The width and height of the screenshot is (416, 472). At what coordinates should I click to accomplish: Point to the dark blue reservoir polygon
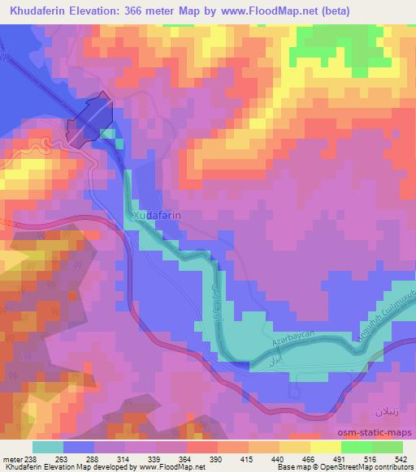[x=89, y=122]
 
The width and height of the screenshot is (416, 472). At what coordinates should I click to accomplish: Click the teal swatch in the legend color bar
[x=48, y=447]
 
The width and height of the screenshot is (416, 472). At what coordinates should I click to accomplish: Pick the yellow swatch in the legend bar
[x=325, y=447]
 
